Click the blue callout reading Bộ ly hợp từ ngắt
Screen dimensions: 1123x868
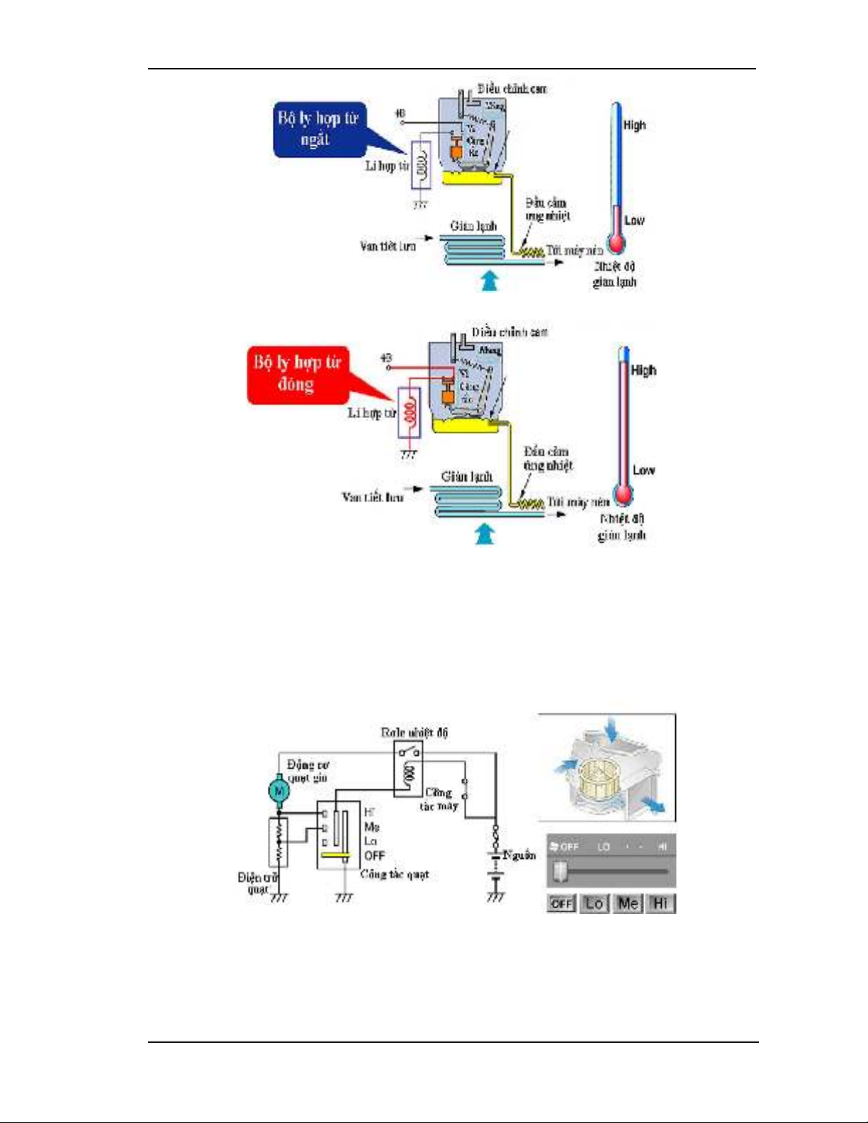coord(318,130)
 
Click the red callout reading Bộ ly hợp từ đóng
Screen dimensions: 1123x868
coord(298,374)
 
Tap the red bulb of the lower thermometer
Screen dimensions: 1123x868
coord(623,494)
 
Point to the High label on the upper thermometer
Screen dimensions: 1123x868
coord(634,125)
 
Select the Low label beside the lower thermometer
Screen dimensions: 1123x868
coord(643,470)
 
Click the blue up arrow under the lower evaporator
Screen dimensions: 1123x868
coord(485,533)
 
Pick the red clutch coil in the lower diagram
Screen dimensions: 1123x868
coord(409,413)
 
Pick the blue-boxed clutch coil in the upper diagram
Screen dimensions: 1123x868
coord(421,165)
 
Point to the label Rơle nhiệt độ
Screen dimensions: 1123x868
coord(414,733)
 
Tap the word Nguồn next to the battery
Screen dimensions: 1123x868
coord(519,855)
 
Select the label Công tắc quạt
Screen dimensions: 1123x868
coord(394,874)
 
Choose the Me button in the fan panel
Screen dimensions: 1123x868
coord(628,903)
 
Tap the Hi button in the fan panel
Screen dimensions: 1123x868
coord(660,903)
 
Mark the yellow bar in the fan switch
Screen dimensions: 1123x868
coord(335,855)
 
